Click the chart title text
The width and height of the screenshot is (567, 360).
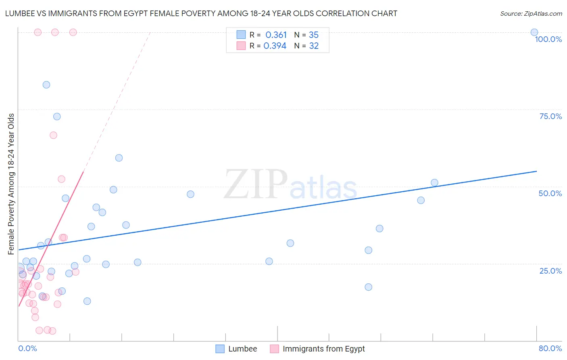(201, 14)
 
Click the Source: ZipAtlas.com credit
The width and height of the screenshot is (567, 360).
(531, 14)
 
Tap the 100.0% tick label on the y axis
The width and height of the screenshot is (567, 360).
(548, 39)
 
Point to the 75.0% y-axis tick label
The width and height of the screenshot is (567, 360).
(550, 116)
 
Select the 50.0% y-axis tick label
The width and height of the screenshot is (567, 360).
(550, 193)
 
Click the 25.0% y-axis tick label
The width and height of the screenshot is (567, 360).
(550, 271)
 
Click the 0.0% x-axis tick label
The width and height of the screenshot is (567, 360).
(27, 348)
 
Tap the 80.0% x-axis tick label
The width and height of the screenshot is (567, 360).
(550, 348)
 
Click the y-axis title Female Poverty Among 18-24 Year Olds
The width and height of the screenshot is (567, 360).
(11, 184)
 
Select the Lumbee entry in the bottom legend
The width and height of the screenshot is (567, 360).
(236, 349)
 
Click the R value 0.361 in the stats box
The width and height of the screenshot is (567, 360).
(276, 35)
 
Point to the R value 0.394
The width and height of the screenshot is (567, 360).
(275, 46)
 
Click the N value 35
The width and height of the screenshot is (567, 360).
(313, 35)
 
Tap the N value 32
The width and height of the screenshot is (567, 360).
(314, 46)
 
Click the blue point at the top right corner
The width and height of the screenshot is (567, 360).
(534, 32)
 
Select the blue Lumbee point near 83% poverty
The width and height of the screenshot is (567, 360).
(46, 85)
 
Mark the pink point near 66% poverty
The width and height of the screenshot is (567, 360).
(53, 135)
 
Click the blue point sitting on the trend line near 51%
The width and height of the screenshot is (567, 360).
(434, 182)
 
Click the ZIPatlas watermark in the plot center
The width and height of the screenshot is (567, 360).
(290, 185)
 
